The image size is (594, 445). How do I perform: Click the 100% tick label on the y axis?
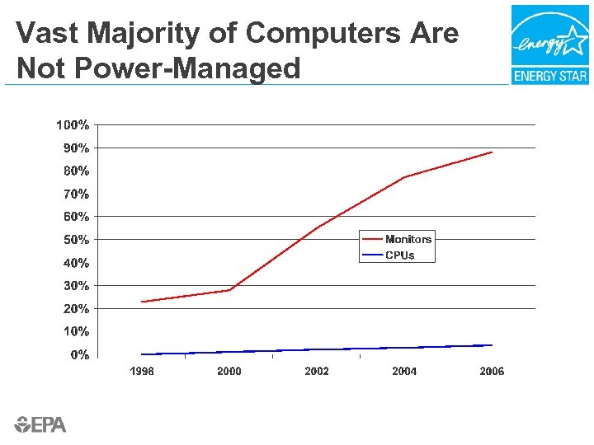(73, 125)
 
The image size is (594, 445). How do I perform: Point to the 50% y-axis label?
(76, 240)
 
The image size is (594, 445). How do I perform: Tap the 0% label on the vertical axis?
(79, 355)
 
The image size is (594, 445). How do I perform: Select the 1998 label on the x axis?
(142, 372)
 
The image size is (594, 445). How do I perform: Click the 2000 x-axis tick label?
(229, 372)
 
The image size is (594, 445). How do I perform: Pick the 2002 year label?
(317, 372)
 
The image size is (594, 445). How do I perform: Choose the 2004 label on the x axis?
(404, 372)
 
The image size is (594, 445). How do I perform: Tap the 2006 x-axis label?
(492, 372)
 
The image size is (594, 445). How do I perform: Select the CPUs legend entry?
(400, 255)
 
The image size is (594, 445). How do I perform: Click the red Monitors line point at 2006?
(492, 152)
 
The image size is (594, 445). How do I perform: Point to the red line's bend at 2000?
(229, 290)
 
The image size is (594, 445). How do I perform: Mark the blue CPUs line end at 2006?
(492, 345)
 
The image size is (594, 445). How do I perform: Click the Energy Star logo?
(549, 44)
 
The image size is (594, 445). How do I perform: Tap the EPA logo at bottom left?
(40, 425)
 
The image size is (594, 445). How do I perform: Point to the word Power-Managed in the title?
(189, 68)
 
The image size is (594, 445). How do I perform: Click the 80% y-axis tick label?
(76, 171)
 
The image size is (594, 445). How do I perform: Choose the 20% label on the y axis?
(76, 309)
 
